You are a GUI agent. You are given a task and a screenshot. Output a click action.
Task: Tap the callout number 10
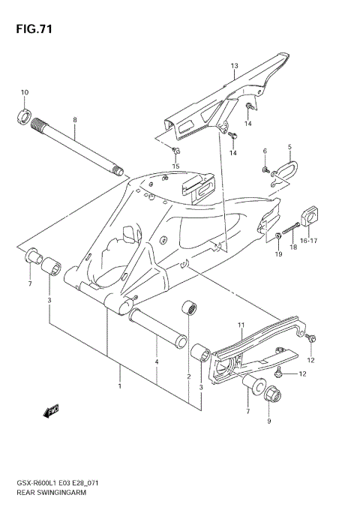24,92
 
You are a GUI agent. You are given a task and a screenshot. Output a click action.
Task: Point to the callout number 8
75,120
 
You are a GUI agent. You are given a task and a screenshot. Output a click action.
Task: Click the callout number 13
234,66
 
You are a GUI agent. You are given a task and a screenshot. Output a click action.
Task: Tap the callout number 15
176,166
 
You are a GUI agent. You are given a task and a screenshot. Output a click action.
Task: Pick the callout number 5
289,147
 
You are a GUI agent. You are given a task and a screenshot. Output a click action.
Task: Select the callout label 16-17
309,241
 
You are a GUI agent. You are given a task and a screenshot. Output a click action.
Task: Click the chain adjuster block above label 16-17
310,216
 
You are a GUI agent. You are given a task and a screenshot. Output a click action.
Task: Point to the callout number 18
294,245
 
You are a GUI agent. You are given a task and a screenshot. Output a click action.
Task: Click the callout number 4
156,362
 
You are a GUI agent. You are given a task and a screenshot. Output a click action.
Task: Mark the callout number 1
119,387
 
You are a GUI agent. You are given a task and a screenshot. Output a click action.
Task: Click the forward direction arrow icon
52,410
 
